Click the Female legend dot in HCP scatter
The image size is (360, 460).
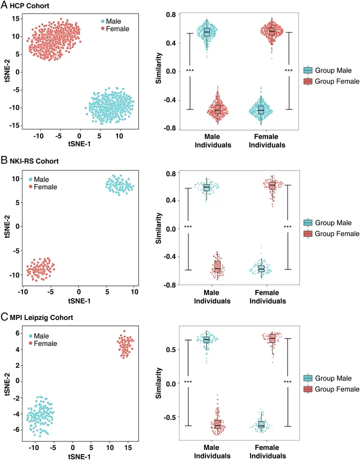click(102, 29)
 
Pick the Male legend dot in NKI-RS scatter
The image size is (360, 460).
click(31, 179)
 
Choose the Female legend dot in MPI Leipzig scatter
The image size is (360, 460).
click(31, 343)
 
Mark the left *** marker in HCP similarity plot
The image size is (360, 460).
click(190, 71)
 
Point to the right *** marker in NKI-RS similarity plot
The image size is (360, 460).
click(288, 227)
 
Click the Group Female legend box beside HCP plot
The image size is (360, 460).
click(308, 81)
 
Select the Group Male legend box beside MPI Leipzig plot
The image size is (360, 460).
click(308, 378)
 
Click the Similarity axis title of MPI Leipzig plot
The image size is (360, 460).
click(158, 383)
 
